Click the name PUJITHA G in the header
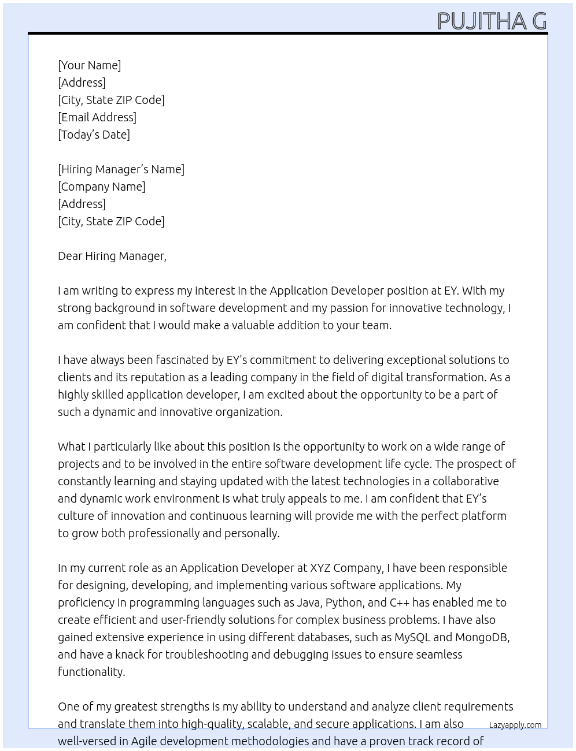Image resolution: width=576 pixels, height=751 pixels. (492, 21)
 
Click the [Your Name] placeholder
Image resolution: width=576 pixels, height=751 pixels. (90, 65)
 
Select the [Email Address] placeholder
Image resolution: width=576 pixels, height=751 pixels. (97, 117)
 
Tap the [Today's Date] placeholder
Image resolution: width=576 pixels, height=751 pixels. (94, 135)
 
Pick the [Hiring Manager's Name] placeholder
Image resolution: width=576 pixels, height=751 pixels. (121, 169)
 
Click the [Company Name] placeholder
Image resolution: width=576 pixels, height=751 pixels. (102, 187)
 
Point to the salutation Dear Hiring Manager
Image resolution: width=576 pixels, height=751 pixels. (112, 256)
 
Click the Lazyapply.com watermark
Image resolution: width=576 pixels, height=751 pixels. (515, 725)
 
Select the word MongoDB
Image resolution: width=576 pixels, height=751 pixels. (482, 637)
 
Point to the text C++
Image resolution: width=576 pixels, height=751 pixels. (400, 603)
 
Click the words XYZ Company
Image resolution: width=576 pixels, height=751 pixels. (346, 568)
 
